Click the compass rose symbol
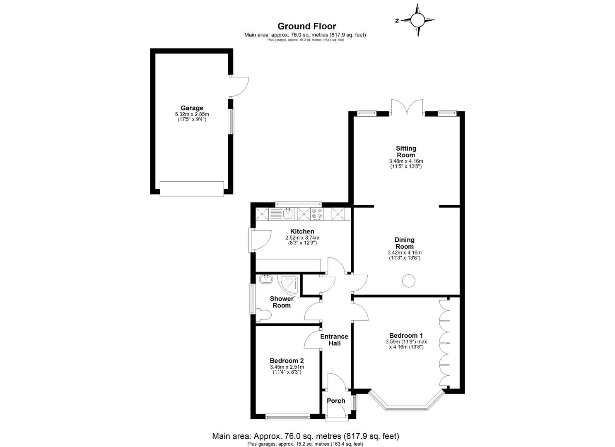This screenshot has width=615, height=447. click(417, 19)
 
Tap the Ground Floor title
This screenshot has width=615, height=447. click(306, 27)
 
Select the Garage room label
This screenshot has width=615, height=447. click(192, 108)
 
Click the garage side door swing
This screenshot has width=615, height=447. click(239, 86)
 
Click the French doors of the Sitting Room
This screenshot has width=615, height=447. click(407, 107)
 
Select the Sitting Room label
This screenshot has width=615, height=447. click(406, 151)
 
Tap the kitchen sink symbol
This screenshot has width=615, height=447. click(287, 214)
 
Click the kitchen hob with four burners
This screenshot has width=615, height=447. click(317, 214)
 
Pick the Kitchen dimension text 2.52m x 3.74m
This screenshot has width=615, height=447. click(302, 238)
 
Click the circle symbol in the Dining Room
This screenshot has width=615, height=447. click(409, 281)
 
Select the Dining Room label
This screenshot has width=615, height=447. click(404, 243)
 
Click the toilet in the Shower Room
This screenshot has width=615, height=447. click(263, 315)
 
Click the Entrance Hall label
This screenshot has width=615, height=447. click(334, 340)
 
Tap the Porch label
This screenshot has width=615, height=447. click(336, 401)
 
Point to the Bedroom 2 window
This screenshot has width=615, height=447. click(287, 417)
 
